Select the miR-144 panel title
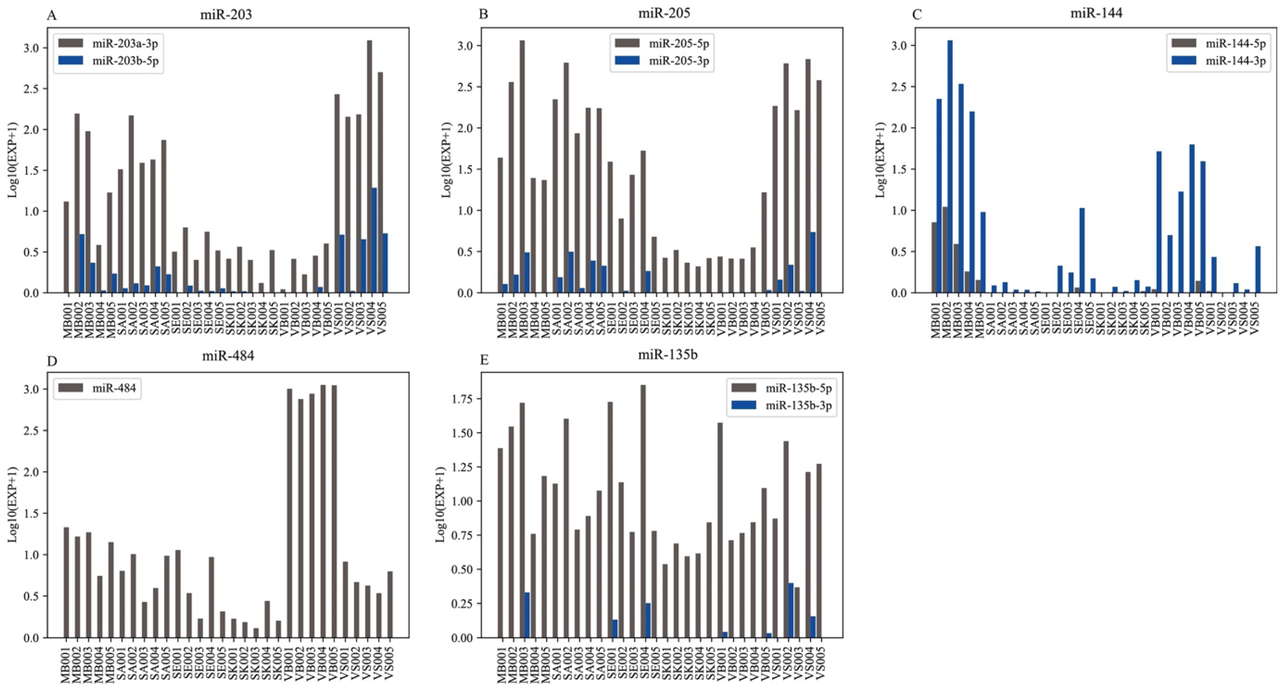(1096, 13)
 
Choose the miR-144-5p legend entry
(1235, 43)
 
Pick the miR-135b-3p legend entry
(799, 405)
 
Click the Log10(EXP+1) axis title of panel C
(880, 160)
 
